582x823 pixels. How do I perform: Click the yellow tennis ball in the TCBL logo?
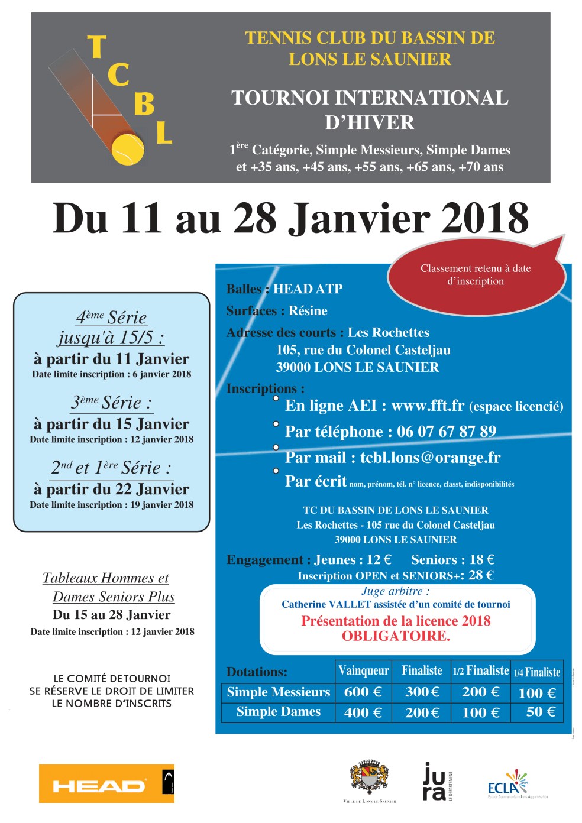(x=128, y=150)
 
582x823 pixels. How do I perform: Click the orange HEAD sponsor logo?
(x=106, y=783)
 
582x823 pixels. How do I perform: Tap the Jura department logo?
(x=435, y=782)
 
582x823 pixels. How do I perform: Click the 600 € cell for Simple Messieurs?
(x=363, y=692)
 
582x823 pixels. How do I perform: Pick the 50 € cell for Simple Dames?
(x=541, y=712)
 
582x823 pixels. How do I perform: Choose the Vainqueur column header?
(x=363, y=670)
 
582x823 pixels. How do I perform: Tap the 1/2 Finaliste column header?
(x=480, y=670)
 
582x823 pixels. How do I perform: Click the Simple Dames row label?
(x=278, y=712)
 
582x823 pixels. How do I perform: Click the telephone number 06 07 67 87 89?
(x=447, y=432)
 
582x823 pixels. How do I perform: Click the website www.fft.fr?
(x=428, y=406)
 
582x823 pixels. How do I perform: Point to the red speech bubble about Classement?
(x=476, y=275)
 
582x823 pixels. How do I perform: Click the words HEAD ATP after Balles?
(x=308, y=289)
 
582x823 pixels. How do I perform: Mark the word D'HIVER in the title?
(x=370, y=122)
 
